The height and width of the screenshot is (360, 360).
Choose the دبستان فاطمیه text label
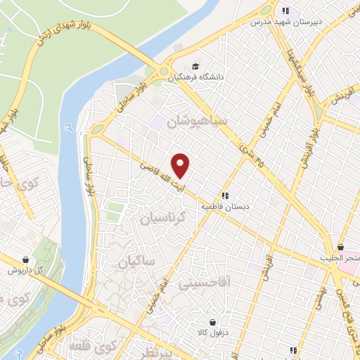226,207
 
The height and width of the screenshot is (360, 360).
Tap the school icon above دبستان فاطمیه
225,195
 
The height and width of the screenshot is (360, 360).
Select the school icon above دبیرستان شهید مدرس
285,10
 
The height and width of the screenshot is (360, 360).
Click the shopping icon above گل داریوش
26,259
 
